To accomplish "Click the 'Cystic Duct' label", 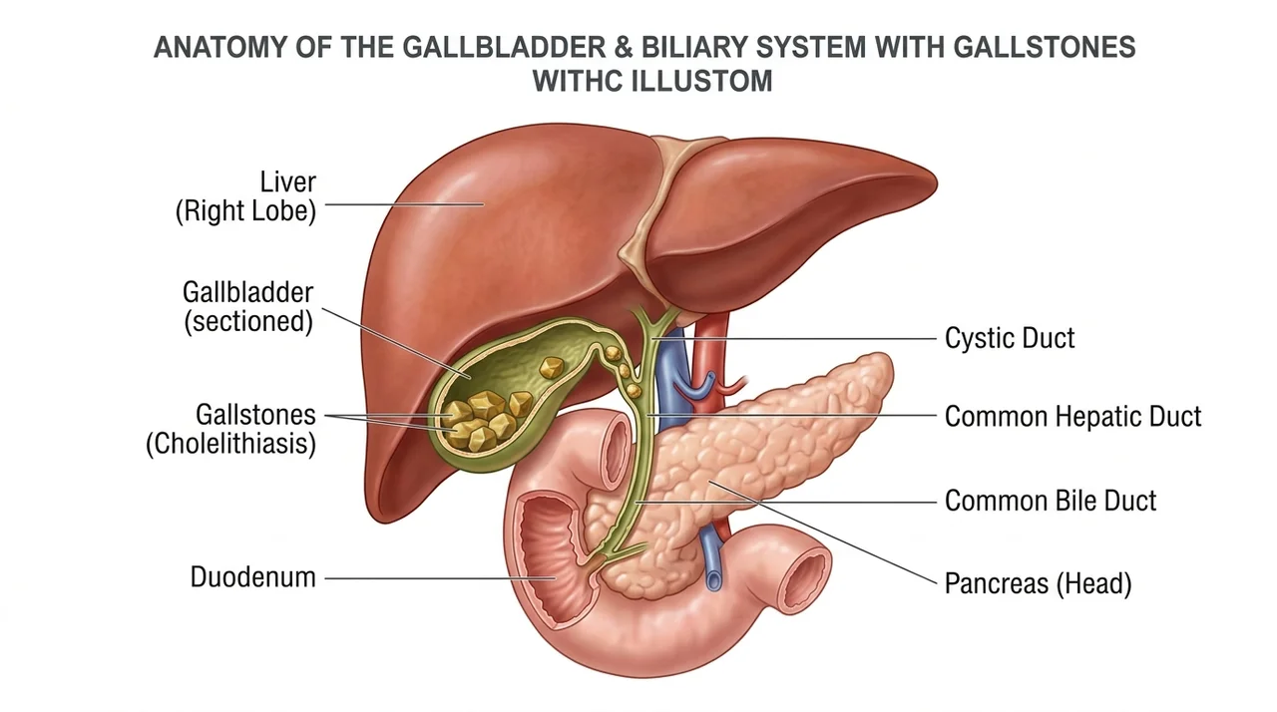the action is coord(1009,338).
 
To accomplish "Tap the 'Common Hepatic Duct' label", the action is coord(1072,416).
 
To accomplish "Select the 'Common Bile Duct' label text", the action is coord(1051,501).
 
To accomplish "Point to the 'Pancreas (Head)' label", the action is coord(1038,583).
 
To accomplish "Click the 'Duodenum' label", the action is coord(253,577).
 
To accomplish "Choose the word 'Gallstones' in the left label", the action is coord(255,415).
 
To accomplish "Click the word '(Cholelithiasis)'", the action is coord(230,444).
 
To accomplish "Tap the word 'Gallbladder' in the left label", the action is coord(248,293).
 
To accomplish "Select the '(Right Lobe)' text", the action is coord(245,211).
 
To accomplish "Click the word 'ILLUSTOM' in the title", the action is coord(701,81).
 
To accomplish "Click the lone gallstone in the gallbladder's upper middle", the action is coord(552,367).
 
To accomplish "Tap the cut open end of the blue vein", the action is coord(713,581).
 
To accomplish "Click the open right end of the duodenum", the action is coord(805,579).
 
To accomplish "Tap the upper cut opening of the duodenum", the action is coord(616,450).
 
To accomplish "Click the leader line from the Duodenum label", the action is coord(440,578).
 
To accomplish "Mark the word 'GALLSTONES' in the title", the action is coord(1045,47).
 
